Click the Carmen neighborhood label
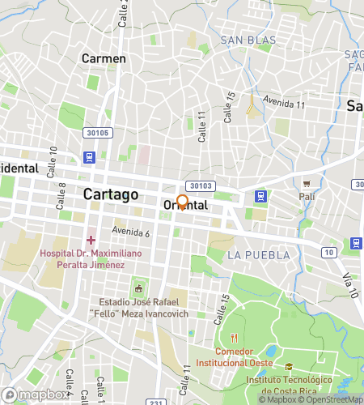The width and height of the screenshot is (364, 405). (104, 58)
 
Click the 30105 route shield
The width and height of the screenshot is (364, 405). (94, 133)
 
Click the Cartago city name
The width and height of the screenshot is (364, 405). (111, 194)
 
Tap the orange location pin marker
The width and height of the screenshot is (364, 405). (183, 202)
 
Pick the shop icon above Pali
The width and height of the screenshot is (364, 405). (307, 183)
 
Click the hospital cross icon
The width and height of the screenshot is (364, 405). (91, 240)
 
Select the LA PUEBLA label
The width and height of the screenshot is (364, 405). (258, 255)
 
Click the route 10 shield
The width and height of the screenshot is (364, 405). (328, 254)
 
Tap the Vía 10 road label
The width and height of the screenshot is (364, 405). (349, 286)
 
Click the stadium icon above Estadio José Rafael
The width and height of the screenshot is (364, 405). (138, 288)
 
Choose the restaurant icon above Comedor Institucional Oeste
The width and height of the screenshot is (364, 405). (235, 338)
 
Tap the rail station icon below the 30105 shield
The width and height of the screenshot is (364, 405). (87, 157)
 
